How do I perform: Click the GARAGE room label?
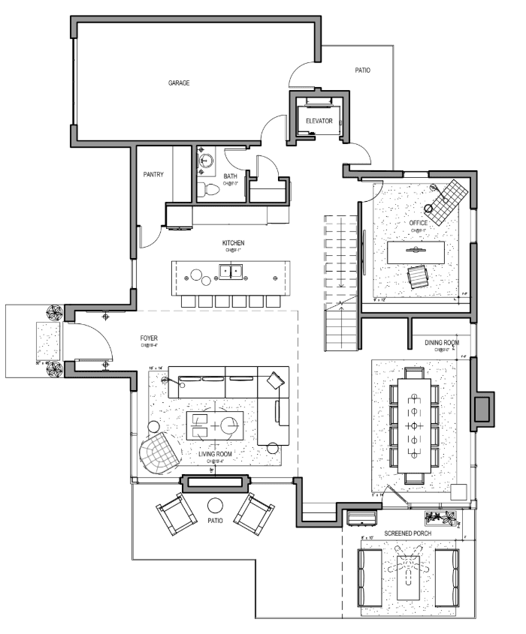coord(178,83)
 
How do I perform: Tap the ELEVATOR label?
coord(319,120)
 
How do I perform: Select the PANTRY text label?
coord(153,175)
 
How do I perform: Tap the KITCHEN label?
coord(232,243)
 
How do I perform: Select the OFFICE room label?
coord(418,223)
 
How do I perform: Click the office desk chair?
coord(416,277)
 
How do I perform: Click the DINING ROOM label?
coord(442,343)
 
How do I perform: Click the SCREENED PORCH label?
coord(407,533)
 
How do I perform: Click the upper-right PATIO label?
coord(363,71)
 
